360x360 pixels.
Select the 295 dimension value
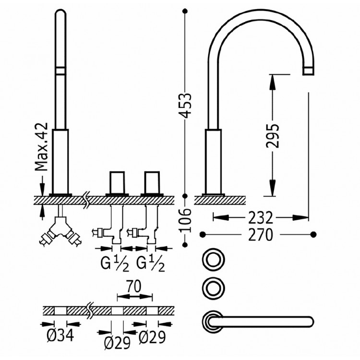(273, 136)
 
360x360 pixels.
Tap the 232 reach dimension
(261, 218)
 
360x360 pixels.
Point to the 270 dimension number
(261, 235)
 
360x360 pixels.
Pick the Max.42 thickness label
(42, 147)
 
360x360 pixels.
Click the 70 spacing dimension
(134, 287)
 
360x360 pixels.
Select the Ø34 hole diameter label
(60, 335)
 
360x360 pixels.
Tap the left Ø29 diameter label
(117, 343)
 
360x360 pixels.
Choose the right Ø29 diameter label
(152, 337)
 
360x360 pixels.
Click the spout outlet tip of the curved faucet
(308, 71)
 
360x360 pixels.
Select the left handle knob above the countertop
(117, 182)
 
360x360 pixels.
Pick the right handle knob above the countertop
(152, 182)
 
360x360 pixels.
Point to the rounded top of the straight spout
(60, 11)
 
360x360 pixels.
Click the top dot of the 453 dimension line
(185, 11)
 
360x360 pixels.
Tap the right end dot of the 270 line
(313, 235)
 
